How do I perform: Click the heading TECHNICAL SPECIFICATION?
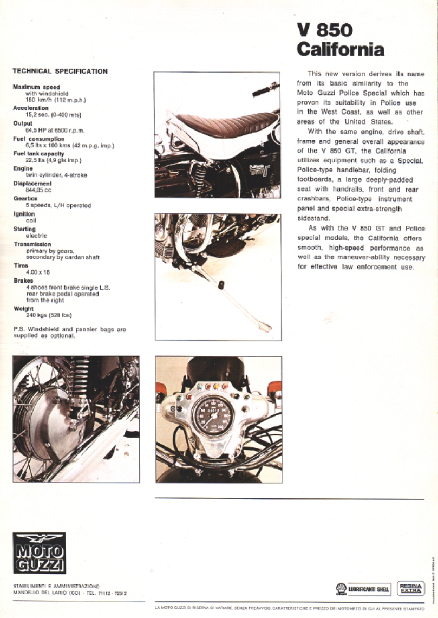60,71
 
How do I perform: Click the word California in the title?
341,50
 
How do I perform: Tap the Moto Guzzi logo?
39,552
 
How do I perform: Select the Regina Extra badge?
411,588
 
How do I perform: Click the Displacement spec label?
32,184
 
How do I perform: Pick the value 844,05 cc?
38,191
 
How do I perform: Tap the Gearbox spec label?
25,199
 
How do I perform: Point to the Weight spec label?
23,309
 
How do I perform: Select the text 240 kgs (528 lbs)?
49,315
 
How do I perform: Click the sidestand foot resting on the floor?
265,327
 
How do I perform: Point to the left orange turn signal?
161,389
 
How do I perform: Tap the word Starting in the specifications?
24,229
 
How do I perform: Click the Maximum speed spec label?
36,87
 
